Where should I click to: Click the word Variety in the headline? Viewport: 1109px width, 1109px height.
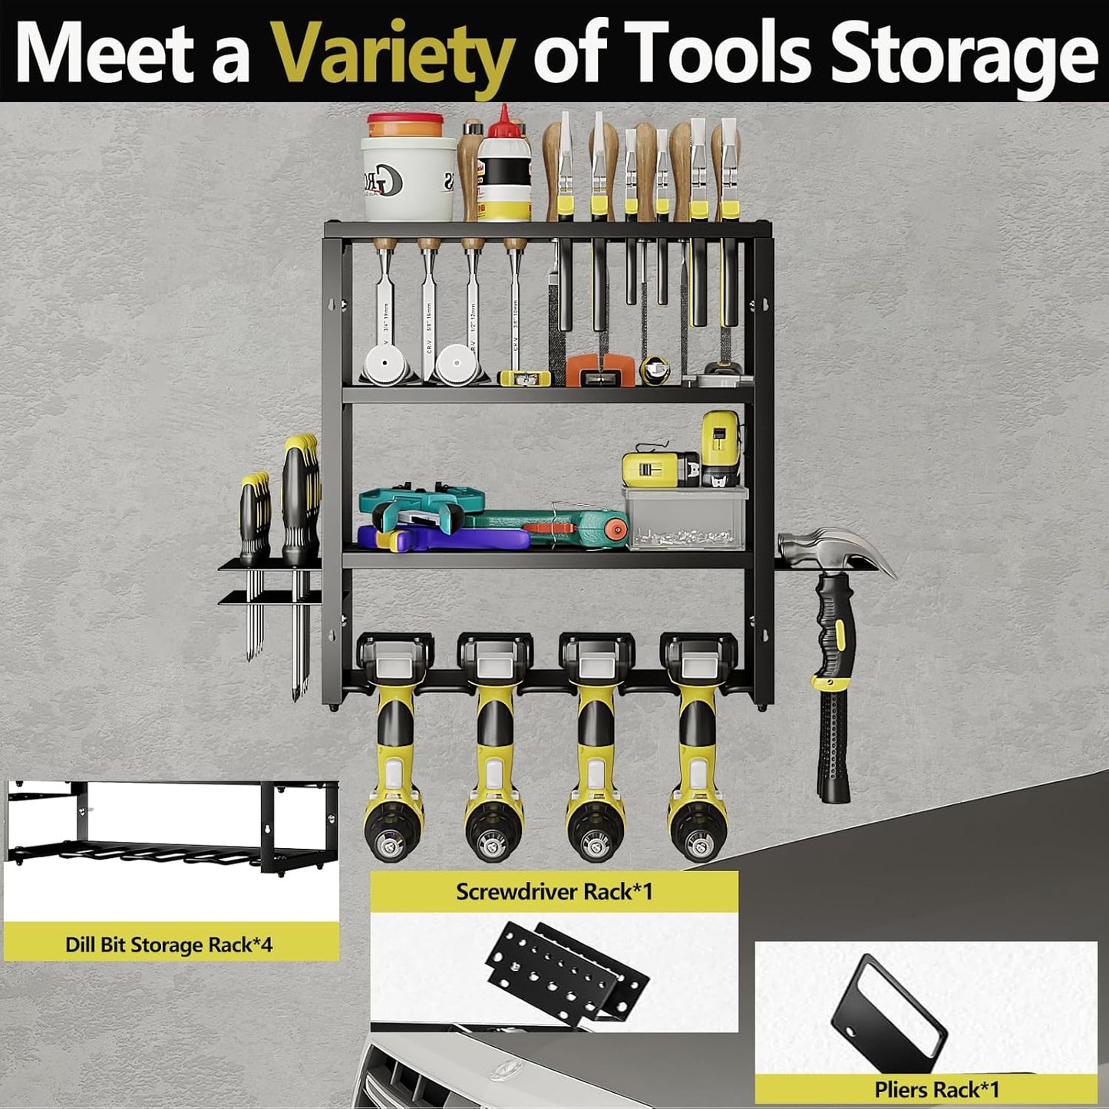394,54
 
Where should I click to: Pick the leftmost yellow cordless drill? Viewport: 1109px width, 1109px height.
394,737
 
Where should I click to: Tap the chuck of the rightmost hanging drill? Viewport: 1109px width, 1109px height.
697,840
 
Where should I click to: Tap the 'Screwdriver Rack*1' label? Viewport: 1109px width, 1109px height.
553,892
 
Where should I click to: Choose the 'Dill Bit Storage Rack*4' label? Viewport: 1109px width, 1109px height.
169,944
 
